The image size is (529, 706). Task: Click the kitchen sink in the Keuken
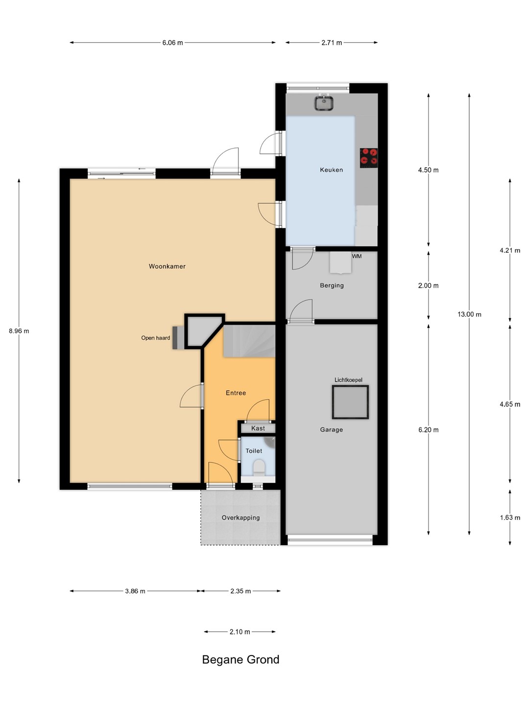click(x=324, y=102)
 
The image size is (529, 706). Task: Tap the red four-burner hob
click(x=369, y=157)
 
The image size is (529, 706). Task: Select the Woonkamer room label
click(x=167, y=266)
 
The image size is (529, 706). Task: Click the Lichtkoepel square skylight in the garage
click(x=350, y=402)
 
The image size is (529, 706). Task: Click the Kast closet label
click(x=258, y=428)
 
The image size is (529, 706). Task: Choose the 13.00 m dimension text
click(x=469, y=315)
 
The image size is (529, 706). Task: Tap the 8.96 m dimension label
click(x=19, y=331)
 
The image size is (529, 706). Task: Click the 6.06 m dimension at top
click(x=172, y=43)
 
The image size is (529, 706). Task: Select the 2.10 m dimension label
click(x=240, y=632)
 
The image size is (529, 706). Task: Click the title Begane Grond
click(x=240, y=660)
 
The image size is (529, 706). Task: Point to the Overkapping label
click(x=240, y=518)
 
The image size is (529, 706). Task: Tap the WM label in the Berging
click(x=357, y=256)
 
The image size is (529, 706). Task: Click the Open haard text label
click(x=155, y=338)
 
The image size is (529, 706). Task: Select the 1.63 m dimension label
click(x=510, y=518)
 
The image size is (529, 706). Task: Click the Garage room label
click(x=332, y=429)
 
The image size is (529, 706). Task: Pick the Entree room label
click(x=236, y=393)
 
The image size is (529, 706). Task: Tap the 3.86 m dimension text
click(x=135, y=591)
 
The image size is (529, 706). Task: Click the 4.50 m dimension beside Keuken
click(x=428, y=170)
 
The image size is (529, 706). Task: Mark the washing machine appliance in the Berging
click(x=340, y=262)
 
